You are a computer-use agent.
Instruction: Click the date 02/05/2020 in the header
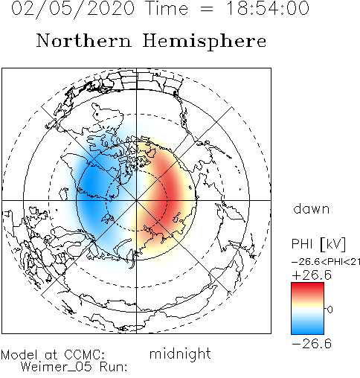73,9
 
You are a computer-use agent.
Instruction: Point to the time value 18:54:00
268,8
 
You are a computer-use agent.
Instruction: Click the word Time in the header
167,8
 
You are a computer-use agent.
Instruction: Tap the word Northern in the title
84,41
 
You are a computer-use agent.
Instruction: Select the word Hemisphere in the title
205,42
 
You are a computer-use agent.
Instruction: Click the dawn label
311,208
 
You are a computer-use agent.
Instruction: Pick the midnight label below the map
180,353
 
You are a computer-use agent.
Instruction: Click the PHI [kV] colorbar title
318,244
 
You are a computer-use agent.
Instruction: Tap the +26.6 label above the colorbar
312,275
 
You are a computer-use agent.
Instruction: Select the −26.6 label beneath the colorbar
312,344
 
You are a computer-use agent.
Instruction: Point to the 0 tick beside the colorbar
330,310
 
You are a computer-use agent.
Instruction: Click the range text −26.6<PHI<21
326,262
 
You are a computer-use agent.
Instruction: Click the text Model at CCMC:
53,355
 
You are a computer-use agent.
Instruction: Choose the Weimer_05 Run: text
74,367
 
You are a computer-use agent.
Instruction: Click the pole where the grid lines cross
136,200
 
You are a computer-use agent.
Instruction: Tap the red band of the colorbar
307,291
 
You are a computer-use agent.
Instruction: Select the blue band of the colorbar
307,327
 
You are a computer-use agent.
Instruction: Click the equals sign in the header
206,9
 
